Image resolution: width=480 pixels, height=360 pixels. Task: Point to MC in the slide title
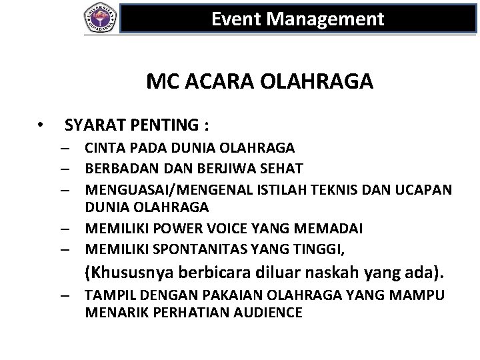coord(159,82)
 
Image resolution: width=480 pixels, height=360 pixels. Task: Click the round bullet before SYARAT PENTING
coord(41,125)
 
